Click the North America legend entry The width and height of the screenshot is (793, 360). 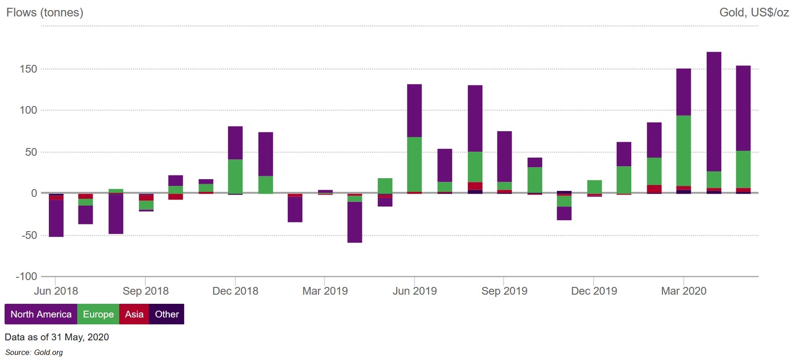click(41, 314)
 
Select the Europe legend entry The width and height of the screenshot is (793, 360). click(98, 314)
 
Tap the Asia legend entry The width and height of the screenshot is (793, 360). click(134, 314)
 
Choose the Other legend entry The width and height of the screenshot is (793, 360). click(167, 314)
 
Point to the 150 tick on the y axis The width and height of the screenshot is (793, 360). click(28, 69)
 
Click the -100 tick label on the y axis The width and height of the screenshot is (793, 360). click(26, 276)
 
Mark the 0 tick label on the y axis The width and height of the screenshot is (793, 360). click(34, 193)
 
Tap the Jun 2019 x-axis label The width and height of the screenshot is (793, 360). click(414, 291)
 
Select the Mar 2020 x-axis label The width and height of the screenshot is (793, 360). click(683, 291)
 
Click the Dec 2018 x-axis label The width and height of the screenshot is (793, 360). click(235, 291)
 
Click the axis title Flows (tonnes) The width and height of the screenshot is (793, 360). click(45, 12)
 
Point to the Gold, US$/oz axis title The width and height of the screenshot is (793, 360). click(754, 12)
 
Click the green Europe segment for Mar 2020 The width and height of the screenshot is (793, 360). click(683, 151)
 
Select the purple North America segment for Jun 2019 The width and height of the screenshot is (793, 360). click(414, 111)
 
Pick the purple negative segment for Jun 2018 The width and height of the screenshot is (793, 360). click(56, 218)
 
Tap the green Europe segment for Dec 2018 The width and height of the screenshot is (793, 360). click(235, 176)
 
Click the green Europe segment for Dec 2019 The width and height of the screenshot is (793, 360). click(594, 187)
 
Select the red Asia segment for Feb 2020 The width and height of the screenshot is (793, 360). click(654, 189)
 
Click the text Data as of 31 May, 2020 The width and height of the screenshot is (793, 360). click(57, 337)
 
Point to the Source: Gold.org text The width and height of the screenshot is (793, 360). click(34, 352)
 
